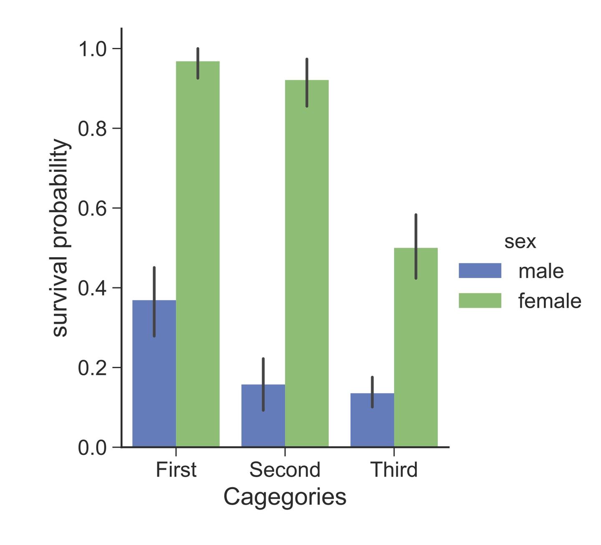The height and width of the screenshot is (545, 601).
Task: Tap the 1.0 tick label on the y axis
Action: click(93, 49)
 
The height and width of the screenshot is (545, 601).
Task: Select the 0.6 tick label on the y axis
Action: click(93, 208)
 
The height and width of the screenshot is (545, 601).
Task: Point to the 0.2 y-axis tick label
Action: click(93, 368)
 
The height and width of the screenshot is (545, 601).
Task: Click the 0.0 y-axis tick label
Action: click(93, 448)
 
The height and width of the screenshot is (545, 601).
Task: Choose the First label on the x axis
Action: click(176, 470)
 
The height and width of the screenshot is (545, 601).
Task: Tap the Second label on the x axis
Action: click(285, 470)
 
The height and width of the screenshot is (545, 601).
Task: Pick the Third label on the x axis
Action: click(394, 470)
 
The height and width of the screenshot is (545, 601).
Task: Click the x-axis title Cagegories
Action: click(285, 497)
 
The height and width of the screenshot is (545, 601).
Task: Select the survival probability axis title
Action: click(61, 238)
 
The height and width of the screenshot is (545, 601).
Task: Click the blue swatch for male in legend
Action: click(480, 271)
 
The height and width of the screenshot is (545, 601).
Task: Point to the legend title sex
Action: click(520, 241)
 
